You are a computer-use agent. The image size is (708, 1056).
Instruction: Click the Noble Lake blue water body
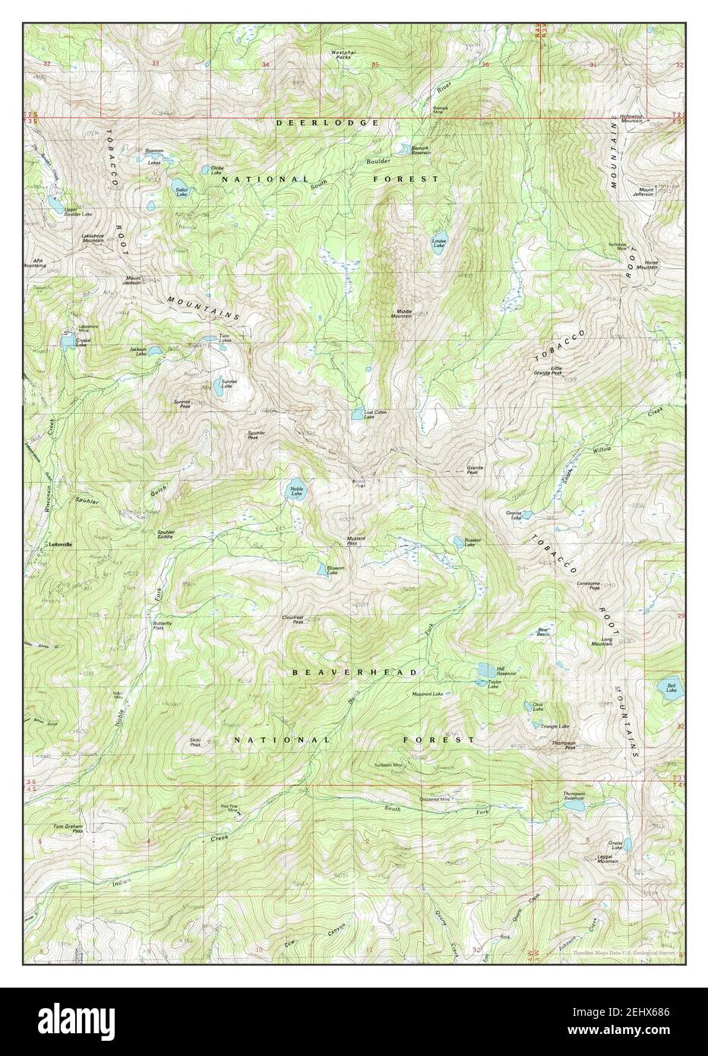point(292,490)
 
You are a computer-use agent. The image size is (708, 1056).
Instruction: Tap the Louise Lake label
point(439,243)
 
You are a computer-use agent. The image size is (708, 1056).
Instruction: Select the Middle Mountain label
point(403,313)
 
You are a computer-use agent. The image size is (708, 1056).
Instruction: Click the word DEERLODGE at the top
point(327,122)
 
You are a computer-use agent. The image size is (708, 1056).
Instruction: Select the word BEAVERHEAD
point(356,672)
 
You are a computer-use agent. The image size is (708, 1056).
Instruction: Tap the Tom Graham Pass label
point(68,828)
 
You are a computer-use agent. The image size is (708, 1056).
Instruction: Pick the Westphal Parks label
point(344,55)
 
